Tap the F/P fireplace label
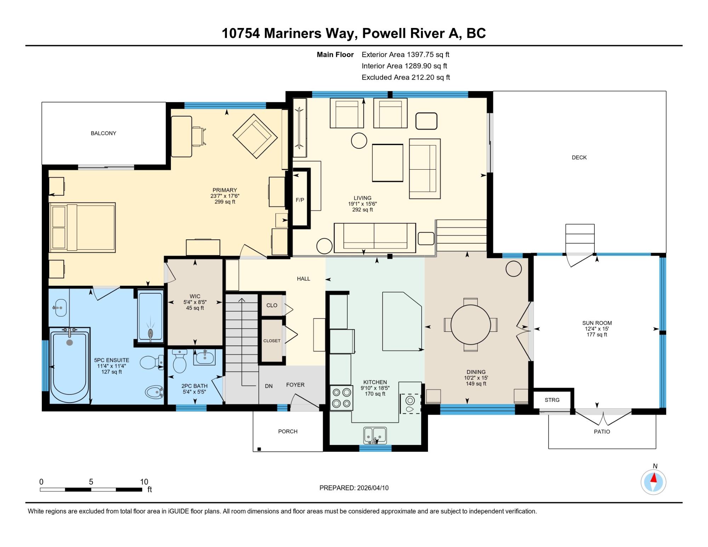tap(300, 200)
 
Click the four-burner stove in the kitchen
tap(342, 398)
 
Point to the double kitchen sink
tap(375, 435)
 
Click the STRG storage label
tap(552, 400)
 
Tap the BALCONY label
tap(103, 133)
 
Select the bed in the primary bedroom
tap(83, 227)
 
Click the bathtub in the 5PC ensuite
tap(70, 365)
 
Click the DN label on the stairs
tap(269, 386)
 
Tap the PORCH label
tap(288, 432)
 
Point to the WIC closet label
tap(195, 296)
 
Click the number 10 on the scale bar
tap(144, 482)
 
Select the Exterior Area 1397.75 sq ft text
tap(405, 55)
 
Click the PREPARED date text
tap(354, 488)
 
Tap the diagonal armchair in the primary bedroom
tap(255, 136)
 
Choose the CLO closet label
tap(272, 306)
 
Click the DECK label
tap(579, 158)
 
